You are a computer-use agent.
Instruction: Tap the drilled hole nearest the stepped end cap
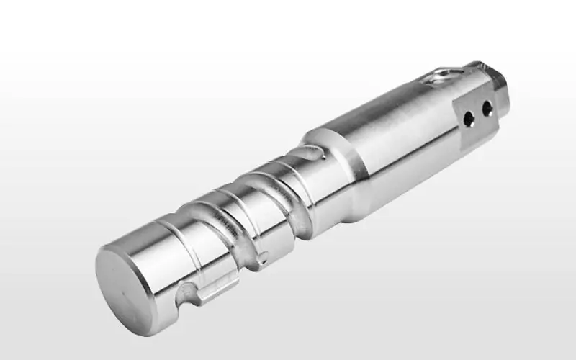click(487, 108)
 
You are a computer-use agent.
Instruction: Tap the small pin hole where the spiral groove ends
click(264, 255)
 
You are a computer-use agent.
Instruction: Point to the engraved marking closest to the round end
click(223, 225)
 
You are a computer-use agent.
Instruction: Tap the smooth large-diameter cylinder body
click(389, 137)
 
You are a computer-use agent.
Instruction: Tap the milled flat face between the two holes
click(479, 113)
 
